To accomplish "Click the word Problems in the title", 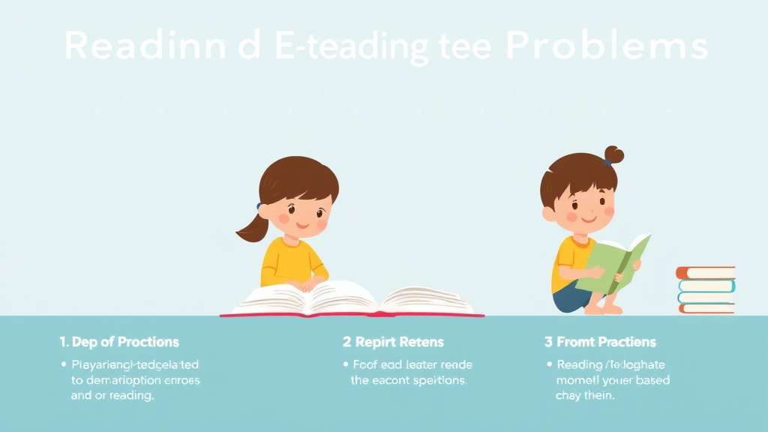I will click(x=607, y=46).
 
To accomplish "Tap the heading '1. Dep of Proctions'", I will click(x=119, y=342).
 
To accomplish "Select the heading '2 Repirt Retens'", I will click(x=393, y=342).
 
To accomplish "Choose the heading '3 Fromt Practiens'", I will click(x=600, y=342).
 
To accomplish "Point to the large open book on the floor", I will click(x=352, y=299).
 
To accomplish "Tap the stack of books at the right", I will click(x=706, y=289).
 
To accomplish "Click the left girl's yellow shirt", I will click(x=289, y=259).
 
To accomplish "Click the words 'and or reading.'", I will click(x=112, y=395).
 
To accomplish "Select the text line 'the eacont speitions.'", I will click(x=409, y=380).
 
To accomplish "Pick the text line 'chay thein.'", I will click(x=585, y=395).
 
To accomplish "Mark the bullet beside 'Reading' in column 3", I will click(x=549, y=365).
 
